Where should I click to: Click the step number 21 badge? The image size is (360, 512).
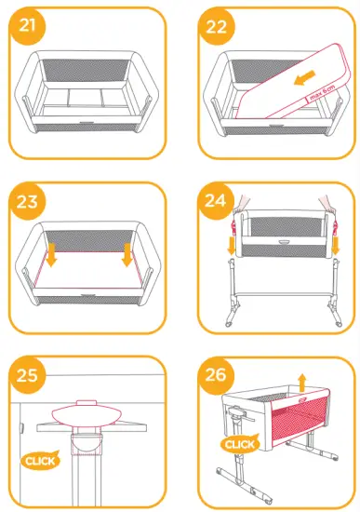tap(27, 27)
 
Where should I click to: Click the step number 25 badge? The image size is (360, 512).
tap(27, 376)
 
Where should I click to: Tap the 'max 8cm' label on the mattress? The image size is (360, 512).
tap(320, 95)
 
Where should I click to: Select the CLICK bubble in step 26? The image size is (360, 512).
tap(241, 445)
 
